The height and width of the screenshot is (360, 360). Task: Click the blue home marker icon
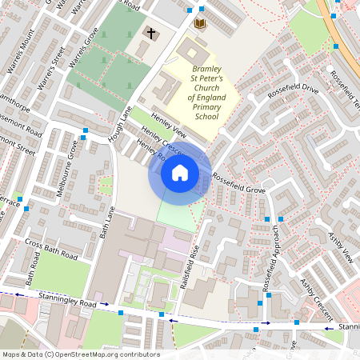click(180, 173)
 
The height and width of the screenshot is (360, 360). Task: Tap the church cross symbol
click(150, 33)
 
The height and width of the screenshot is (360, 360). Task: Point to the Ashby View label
click(341, 248)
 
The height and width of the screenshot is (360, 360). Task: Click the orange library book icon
click(200, 23)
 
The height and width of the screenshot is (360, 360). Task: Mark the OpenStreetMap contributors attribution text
click(81, 354)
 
